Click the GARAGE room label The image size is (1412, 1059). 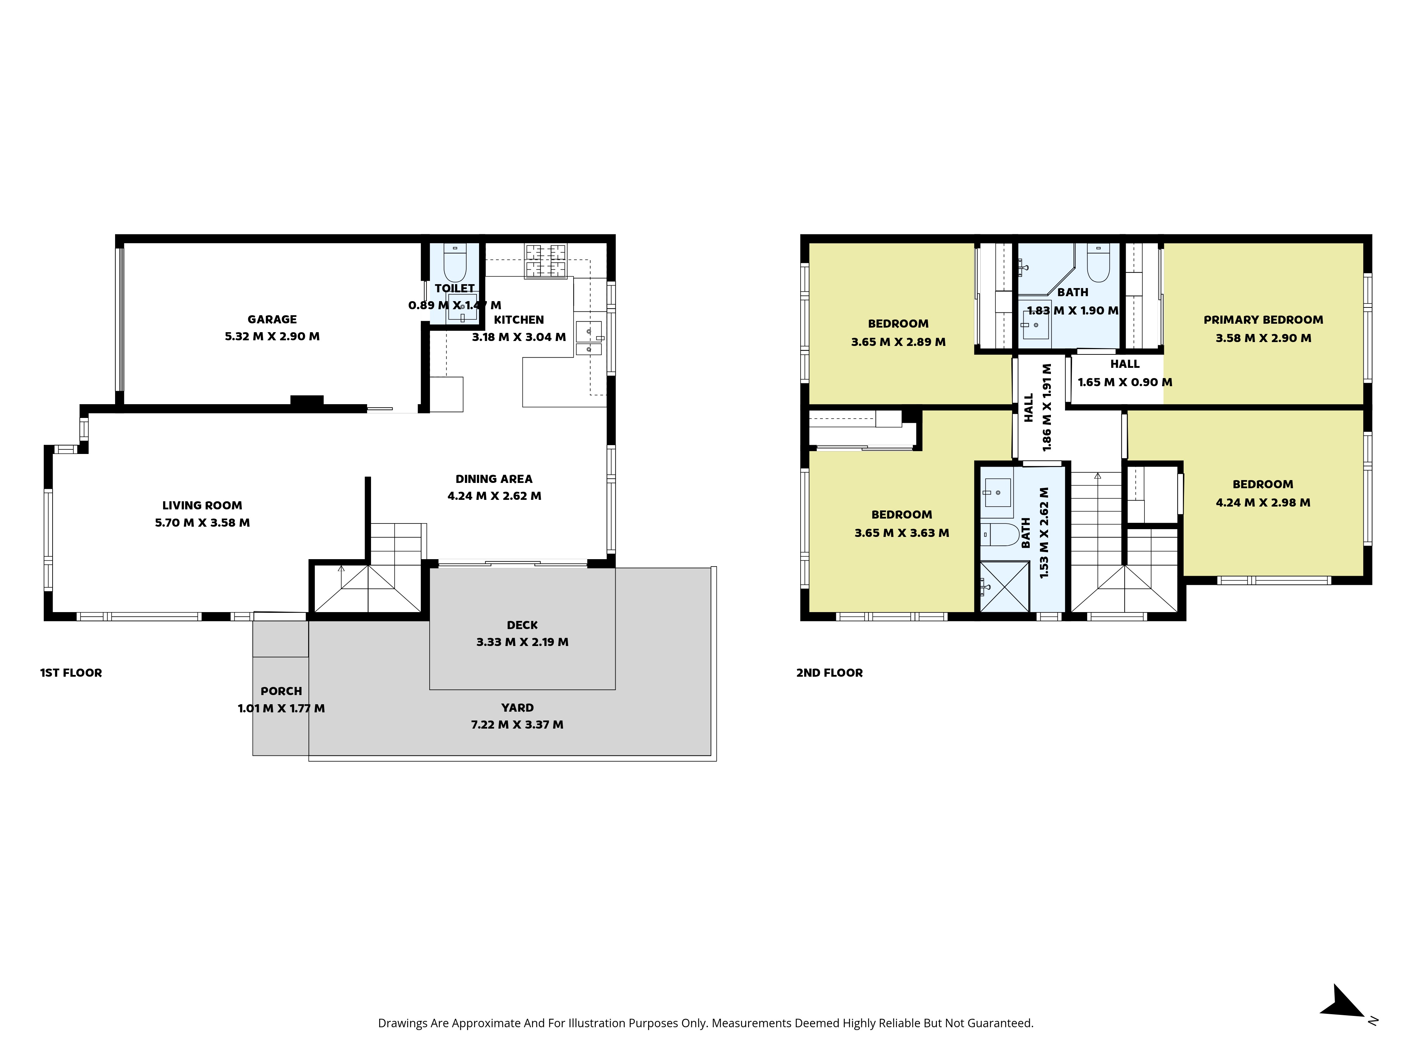(272, 319)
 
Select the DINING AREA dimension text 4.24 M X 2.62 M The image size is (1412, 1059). (494, 496)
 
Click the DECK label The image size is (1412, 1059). (522, 625)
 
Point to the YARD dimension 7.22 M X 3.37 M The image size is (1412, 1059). (517, 724)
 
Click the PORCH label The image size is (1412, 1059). (281, 691)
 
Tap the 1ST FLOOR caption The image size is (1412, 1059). (71, 673)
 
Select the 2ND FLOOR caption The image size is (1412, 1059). (829, 673)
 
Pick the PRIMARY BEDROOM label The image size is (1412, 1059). (1263, 320)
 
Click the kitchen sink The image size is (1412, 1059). (588, 338)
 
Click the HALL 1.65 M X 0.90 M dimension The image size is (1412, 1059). (1125, 382)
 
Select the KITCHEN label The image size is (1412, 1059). (519, 320)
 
